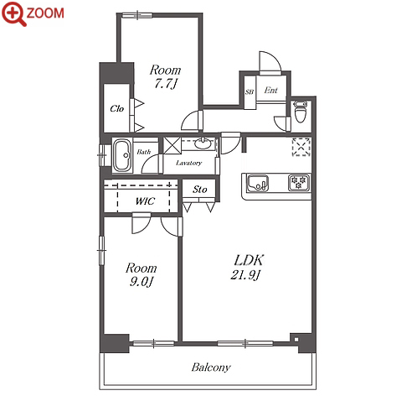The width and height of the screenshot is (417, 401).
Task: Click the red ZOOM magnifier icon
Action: click(14, 13)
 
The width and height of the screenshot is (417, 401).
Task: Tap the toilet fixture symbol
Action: click(301, 112)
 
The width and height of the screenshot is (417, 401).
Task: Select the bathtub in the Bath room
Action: click(122, 155)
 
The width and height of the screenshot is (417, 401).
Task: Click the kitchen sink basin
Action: click(258, 184)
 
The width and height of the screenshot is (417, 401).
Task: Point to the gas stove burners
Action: click(299, 182)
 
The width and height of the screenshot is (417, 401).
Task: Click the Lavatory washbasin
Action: click(203, 143)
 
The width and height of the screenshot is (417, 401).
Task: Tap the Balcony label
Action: click(211, 367)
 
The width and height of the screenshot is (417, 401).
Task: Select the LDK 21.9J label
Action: click(247, 268)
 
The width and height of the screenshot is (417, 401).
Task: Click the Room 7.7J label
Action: click(165, 77)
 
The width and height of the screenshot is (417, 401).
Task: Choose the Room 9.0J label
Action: click(141, 274)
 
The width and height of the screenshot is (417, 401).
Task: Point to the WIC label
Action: click(145, 200)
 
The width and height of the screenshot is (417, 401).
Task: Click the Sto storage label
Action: click(200, 190)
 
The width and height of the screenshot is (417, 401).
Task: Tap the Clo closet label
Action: click(116, 108)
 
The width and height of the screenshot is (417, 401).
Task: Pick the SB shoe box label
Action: click(250, 91)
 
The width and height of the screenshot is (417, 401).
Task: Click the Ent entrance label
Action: click(270, 90)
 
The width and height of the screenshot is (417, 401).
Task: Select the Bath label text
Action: click(144, 152)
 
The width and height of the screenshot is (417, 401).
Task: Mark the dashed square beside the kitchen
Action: click(301, 147)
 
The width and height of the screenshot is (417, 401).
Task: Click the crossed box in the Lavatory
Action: click(172, 145)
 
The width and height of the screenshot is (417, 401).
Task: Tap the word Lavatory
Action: click(188, 163)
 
